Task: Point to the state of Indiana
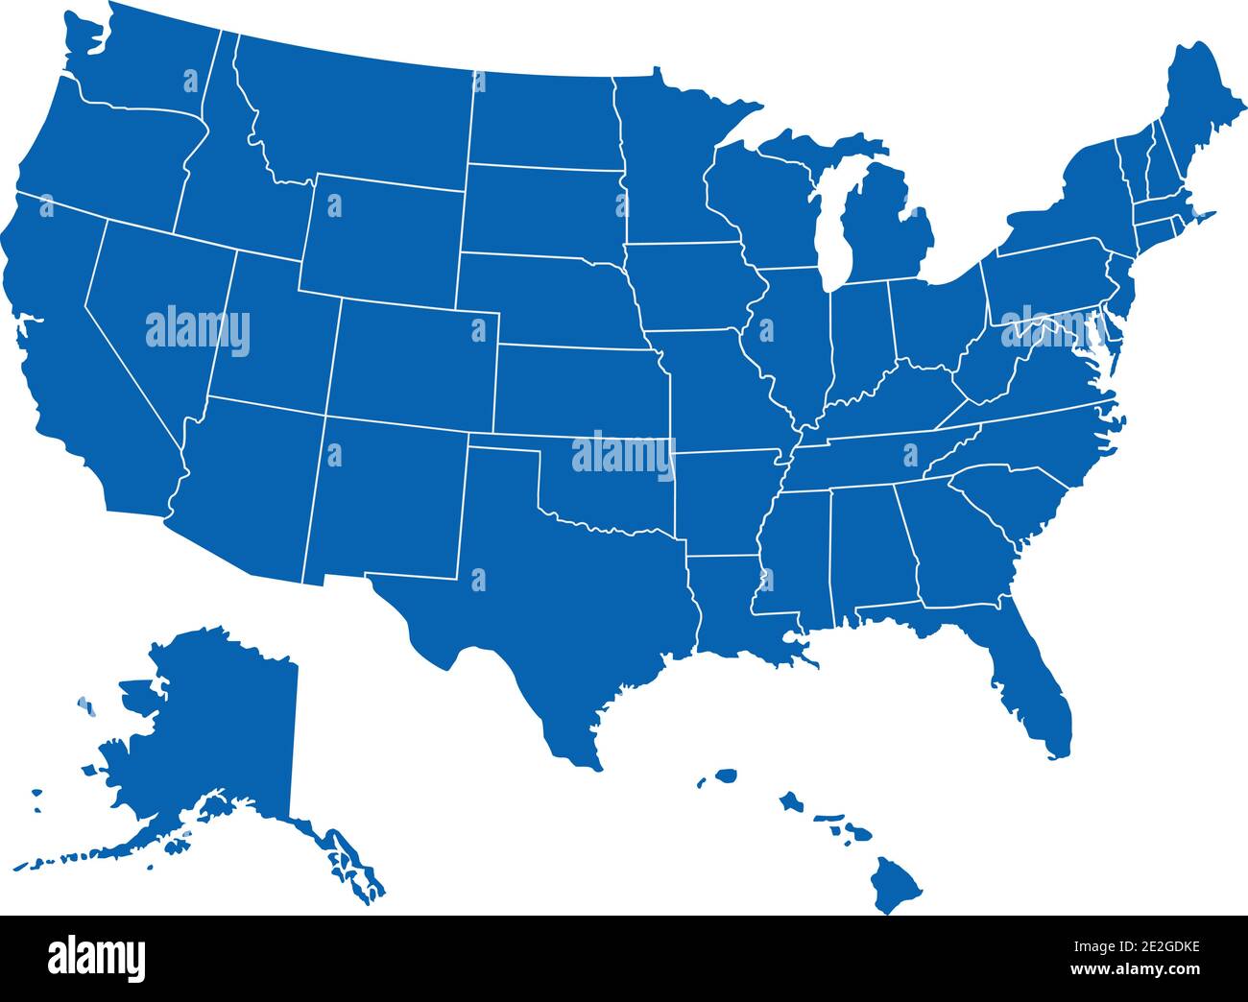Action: (859, 341)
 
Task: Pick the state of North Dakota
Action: (542, 120)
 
